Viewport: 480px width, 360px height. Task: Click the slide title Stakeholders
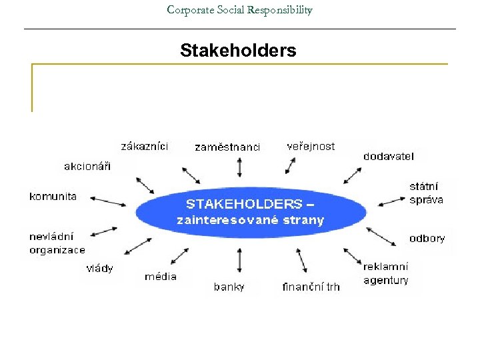(238, 51)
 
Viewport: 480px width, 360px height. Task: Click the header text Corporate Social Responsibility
(239, 10)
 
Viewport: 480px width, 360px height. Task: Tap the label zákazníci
(145, 146)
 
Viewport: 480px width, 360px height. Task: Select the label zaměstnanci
(227, 147)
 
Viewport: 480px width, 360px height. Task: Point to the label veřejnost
(311, 146)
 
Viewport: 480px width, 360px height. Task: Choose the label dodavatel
(389, 156)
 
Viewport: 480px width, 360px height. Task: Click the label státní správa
(426, 193)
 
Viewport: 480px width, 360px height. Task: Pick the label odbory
(427, 238)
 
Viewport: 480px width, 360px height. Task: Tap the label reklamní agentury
(386, 273)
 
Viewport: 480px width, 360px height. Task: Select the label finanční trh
(311, 287)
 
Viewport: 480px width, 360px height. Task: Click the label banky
(229, 287)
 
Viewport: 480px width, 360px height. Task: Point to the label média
(161, 276)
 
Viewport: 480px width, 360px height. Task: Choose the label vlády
(100, 268)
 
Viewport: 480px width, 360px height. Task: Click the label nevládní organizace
(57, 243)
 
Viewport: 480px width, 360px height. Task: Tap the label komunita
(53, 197)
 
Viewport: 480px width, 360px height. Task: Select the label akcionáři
(87, 166)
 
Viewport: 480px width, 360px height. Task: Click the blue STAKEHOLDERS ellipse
(251, 211)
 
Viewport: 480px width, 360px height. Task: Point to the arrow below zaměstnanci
(239, 167)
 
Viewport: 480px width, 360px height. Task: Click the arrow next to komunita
(107, 199)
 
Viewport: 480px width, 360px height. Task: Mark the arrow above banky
(239, 259)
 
